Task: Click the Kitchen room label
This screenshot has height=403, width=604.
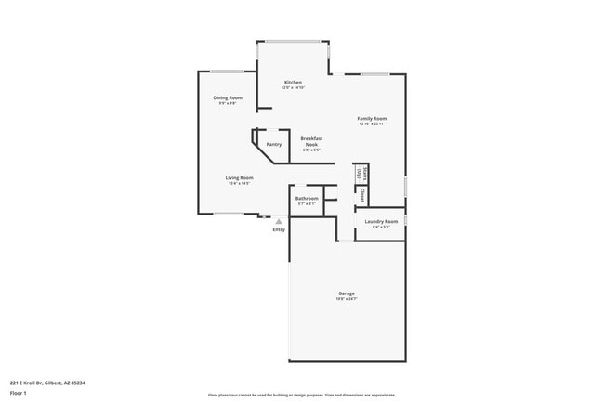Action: [293, 83]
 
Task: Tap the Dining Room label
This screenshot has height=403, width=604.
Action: [229, 97]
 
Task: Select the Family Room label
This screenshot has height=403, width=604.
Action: [373, 119]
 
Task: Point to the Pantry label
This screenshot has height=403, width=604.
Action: [274, 144]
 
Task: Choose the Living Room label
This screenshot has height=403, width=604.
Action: [239, 177]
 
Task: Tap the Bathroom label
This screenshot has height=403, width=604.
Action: [307, 198]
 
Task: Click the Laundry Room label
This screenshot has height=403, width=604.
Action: [381, 221]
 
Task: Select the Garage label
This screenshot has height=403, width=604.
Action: [346, 293]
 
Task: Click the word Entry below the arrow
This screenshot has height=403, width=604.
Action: [279, 229]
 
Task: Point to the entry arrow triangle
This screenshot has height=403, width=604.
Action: [279, 221]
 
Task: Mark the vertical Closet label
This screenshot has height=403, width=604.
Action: [362, 196]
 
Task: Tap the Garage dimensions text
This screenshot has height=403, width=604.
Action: [346, 299]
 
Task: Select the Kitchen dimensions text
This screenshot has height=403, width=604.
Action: [293, 88]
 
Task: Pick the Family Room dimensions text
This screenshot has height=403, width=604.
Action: [373, 124]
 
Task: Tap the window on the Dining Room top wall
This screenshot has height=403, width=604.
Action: [227, 71]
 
